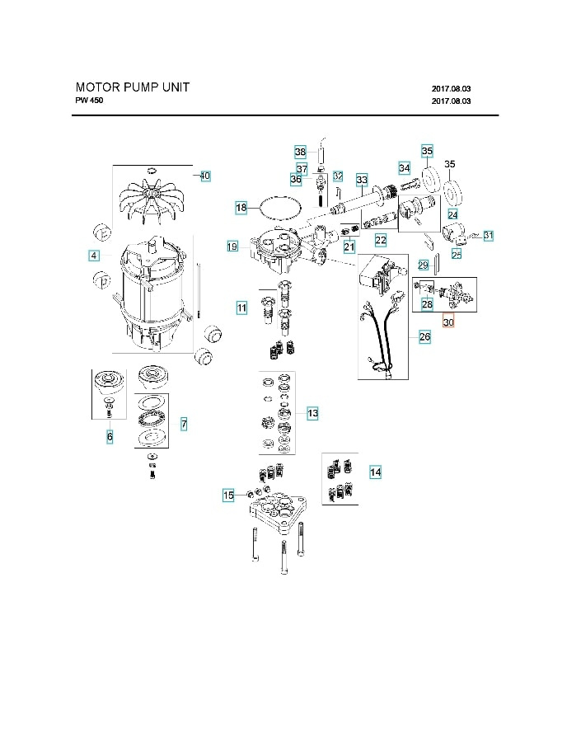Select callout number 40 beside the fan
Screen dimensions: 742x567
click(204, 176)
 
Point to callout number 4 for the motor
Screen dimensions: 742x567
click(95, 256)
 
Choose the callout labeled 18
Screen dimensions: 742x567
click(241, 209)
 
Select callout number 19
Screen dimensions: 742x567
click(232, 246)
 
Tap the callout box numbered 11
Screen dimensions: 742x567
click(242, 308)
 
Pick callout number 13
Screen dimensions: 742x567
click(312, 412)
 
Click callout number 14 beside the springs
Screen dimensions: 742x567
click(375, 472)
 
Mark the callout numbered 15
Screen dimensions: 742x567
click(228, 495)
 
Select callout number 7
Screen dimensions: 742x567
click(183, 424)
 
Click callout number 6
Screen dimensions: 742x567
click(110, 438)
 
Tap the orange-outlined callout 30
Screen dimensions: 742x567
click(448, 323)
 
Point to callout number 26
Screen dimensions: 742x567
click(424, 336)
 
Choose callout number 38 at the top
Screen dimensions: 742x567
click(300, 152)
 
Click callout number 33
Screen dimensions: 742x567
click(361, 180)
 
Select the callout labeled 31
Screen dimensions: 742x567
click(488, 237)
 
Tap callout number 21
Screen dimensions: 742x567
click(349, 247)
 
